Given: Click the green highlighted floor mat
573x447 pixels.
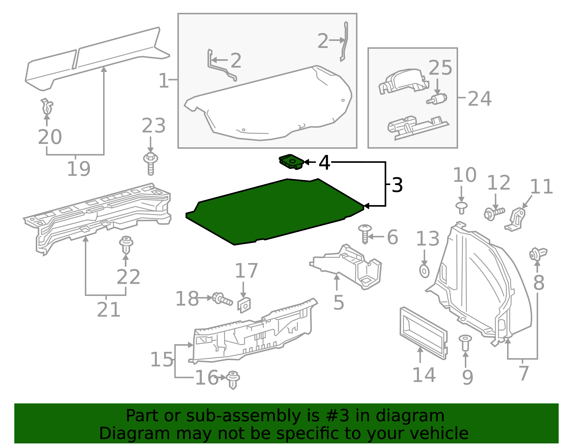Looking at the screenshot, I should click(276, 211).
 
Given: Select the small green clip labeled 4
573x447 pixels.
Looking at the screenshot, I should click(291, 162).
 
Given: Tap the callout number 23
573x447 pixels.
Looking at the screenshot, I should click(154, 126).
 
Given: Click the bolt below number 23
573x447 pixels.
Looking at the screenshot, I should click(151, 164).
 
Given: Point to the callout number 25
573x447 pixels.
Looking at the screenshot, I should click(440, 68).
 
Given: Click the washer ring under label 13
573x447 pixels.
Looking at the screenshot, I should click(424, 271).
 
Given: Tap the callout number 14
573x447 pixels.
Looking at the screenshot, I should click(424, 375).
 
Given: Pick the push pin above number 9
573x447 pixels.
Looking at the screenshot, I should click(465, 342).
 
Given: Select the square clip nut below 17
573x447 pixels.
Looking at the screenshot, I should click(244, 305).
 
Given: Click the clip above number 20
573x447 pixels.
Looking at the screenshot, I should click(47, 106).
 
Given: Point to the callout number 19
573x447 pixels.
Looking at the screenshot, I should click(78, 169).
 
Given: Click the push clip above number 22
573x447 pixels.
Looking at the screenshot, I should click(126, 244).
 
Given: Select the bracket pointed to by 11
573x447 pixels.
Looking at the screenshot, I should click(516, 219).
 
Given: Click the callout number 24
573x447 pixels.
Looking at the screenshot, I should click(480, 99).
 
